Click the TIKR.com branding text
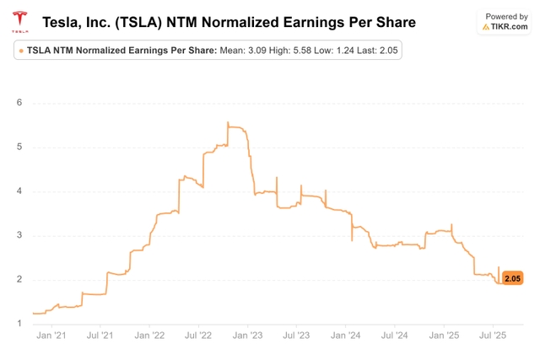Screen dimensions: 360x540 point(508,27)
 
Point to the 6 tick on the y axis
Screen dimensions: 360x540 point(18,103)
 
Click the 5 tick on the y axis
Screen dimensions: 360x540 point(18,148)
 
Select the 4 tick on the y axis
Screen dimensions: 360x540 point(18,191)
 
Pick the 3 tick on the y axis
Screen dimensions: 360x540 point(18,235)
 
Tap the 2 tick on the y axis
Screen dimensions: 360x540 point(18,280)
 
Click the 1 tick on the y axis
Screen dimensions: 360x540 point(18,324)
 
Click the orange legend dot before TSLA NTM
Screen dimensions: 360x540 point(21,51)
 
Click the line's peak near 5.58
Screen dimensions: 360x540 point(228,123)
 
